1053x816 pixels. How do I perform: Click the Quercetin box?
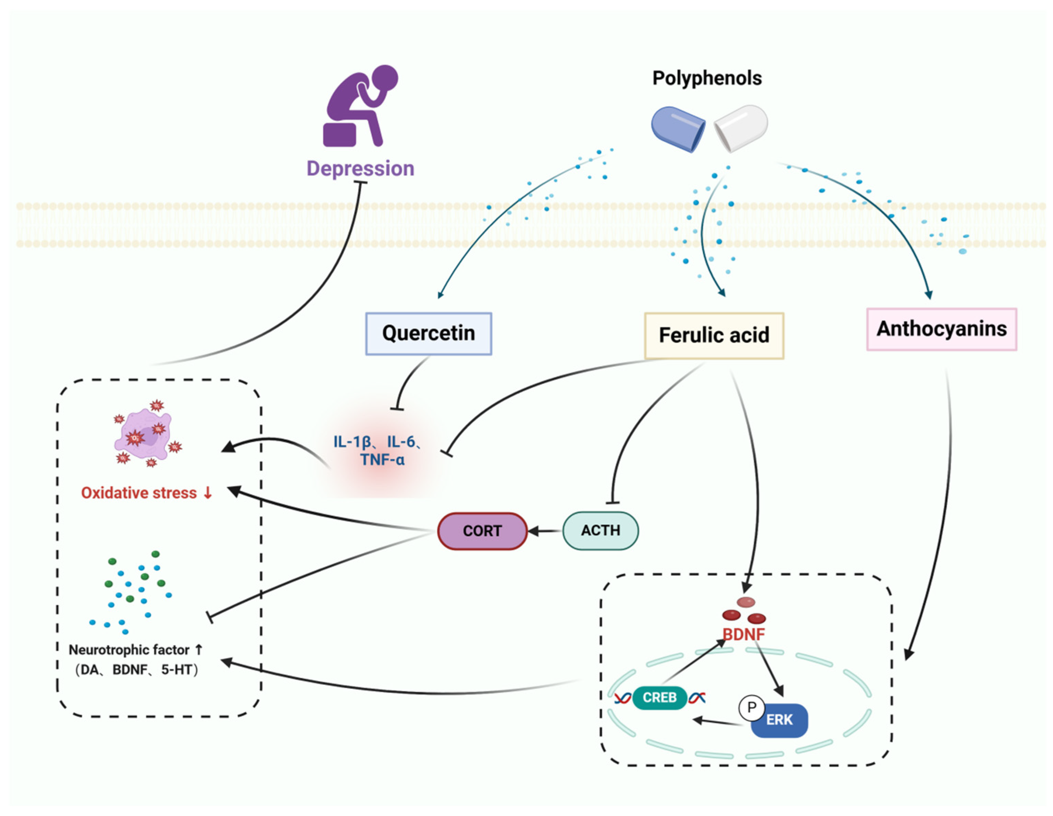tap(428, 334)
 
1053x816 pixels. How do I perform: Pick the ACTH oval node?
tap(600, 531)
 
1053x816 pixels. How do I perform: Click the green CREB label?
tap(659, 698)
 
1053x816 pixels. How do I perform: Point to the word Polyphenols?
tap(707, 78)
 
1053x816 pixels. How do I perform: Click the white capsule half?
tap(741, 127)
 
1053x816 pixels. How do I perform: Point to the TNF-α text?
tap(382, 460)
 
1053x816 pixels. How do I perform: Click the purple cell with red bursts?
tap(143, 435)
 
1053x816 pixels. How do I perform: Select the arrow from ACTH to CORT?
tap(545, 531)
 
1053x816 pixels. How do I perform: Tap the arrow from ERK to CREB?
tap(717, 722)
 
